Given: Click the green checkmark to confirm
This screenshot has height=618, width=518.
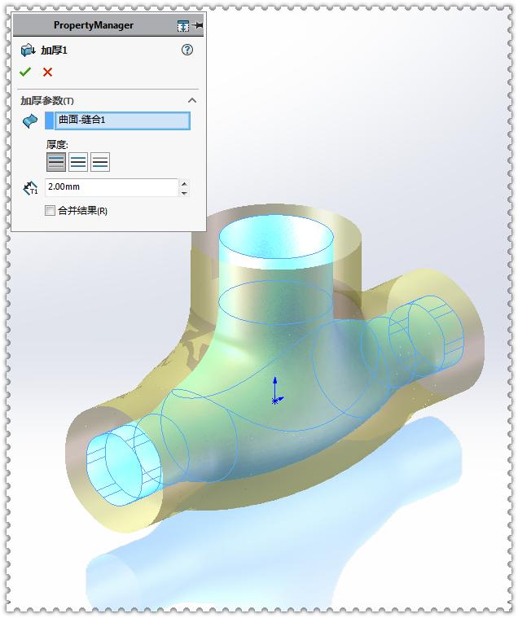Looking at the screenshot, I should (x=25, y=72).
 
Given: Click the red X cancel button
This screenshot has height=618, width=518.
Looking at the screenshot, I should (x=47, y=72).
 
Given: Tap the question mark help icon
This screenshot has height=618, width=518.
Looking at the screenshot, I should (x=187, y=50).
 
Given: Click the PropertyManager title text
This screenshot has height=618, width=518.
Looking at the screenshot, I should (x=94, y=25).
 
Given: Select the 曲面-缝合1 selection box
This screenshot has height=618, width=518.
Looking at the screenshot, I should (x=122, y=121).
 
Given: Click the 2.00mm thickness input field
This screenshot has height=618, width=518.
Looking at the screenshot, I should (x=111, y=187).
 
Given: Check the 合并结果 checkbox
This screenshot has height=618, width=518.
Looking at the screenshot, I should (x=50, y=210).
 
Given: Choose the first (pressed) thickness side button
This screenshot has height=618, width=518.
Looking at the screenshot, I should (x=56, y=161).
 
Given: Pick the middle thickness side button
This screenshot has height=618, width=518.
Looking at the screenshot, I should (x=78, y=161).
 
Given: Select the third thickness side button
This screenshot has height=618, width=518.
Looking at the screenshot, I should (x=100, y=161).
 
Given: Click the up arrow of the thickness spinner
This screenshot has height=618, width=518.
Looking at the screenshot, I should (x=184, y=183).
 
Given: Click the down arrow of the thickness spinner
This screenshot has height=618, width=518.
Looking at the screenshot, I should (x=184, y=192).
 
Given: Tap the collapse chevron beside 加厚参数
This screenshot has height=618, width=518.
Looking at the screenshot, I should (x=192, y=100).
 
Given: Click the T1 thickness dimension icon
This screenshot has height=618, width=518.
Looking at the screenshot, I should (x=31, y=188).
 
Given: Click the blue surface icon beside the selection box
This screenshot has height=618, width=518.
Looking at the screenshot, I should (x=30, y=121).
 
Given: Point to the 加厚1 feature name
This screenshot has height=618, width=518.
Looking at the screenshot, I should (x=55, y=50).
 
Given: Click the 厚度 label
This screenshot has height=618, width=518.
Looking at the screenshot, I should (x=57, y=144).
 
